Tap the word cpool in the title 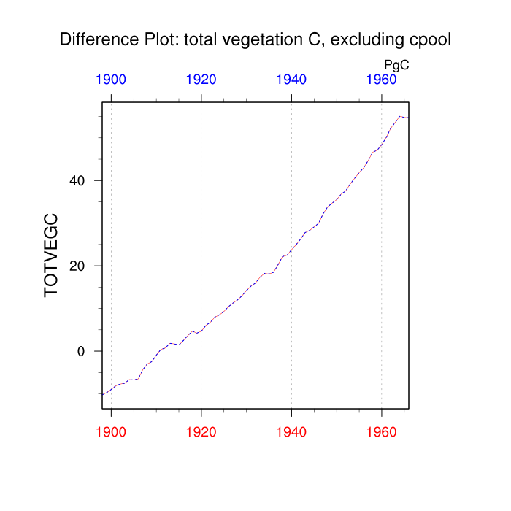pyautogui.click(x=429, y=39)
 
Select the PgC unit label pyautogui.click(x=396, y=65)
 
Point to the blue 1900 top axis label pyautogui.click(x=111, y=80)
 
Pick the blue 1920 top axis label pyautogui.click(x=201, y=80)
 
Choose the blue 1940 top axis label pyautogui.click(x=291, y=80)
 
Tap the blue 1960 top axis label pyautogui.click(x=381, y=80)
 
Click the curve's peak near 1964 pyautogui.click(x=399, y=116)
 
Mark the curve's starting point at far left pyautogui.click(x=103, y=394)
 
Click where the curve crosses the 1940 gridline pyautogui.click(x=291, y=250)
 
